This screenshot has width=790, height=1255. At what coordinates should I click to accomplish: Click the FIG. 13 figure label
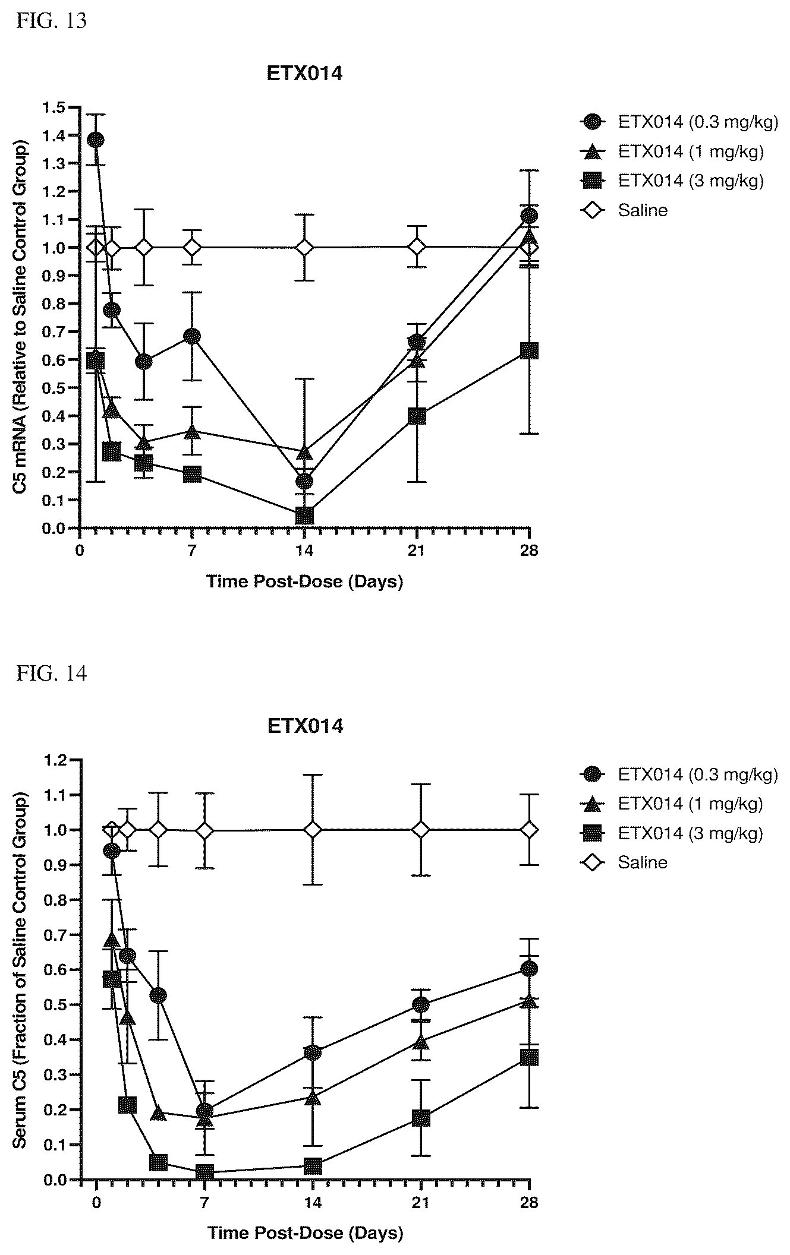tap(52, 21)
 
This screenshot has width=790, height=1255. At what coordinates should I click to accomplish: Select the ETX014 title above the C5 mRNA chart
tap(304, 74)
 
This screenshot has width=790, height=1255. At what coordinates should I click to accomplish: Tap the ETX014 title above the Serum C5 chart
tap(305, 726)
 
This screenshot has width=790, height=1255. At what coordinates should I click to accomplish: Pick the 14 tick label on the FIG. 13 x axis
tap(304, 550)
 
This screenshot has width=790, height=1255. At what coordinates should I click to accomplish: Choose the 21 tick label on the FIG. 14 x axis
tap(421, 1202)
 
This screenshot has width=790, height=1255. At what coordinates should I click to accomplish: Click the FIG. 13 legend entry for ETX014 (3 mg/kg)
tap(672, 181)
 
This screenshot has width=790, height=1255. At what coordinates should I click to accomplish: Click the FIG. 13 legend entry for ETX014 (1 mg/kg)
tap(672, 151)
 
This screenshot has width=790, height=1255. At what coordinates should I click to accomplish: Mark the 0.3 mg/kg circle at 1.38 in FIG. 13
tap(95, 140)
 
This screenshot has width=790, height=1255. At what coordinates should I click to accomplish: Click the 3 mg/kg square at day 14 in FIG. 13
tap(304, 516)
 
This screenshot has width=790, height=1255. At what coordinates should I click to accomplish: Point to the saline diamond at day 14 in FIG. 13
tap(304, 247)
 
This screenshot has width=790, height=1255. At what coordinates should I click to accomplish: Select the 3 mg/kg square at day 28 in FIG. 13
tap(529, 350)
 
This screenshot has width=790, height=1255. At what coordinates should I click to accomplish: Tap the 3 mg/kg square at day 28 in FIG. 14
tap(529, 1057)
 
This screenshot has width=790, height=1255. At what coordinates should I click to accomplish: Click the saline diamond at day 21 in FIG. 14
tap(421, 1007)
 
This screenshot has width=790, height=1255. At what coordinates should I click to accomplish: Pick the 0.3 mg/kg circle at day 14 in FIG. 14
tap(313, 1053)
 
